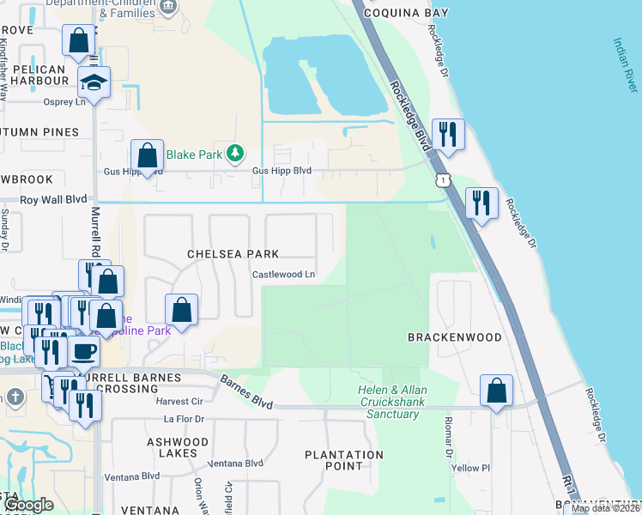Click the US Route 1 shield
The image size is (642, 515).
coord(441,179)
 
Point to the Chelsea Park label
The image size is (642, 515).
coord(233,254)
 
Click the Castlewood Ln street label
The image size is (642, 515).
coord(283,275)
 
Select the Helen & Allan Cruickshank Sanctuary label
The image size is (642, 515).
coord(391,402)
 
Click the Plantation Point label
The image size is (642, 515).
coord(344,460)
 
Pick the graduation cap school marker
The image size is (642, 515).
coord(94,82)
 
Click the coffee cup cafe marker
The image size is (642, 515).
coord(84,351)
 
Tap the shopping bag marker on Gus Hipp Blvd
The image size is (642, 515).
coord(147,155)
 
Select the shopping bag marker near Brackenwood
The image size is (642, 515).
coord(496,391)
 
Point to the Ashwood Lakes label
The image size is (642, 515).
coord(178,447)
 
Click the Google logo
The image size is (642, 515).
coord(28,506)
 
